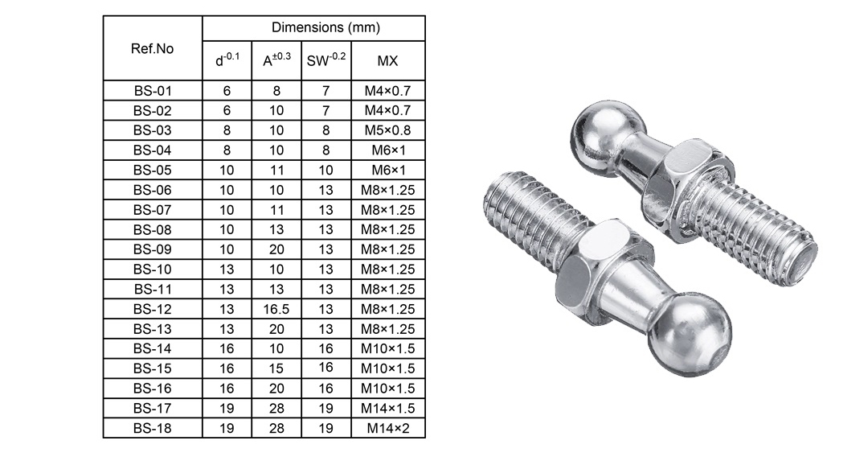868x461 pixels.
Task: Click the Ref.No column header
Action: (152, 48)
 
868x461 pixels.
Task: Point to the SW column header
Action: (325, 61)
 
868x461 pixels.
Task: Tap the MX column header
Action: (388, 61)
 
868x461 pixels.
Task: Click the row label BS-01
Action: (152, 91)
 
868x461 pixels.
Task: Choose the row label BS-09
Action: (152, 249)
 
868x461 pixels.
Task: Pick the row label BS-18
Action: (152, 428)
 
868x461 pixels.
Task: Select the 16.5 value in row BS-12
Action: (276, 309)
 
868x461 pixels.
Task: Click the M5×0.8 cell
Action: (388, 130)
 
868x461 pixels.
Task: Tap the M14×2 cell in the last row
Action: (388, 428)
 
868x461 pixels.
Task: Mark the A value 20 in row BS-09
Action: (276, 249)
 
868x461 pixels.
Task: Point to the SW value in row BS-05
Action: (325, 170)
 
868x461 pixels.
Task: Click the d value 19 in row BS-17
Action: (227, 409)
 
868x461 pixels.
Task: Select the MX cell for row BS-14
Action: (388, 349)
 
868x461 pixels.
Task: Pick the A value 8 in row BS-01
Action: (276, 91)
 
